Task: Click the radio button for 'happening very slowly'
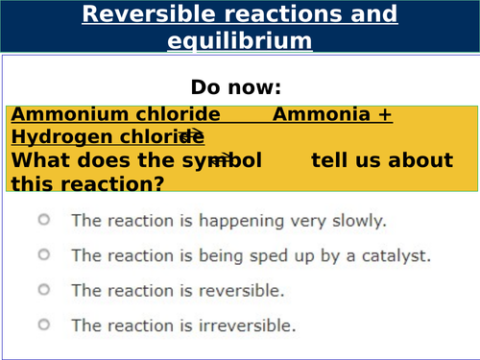click(43, 220)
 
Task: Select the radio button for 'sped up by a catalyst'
click(43, 254)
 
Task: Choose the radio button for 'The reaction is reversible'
click(43, 289)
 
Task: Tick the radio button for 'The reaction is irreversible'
click(43, 324)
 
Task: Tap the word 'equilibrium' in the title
click(239, 40)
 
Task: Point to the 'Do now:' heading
click(239, 86)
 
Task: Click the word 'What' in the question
click(37, 159)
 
